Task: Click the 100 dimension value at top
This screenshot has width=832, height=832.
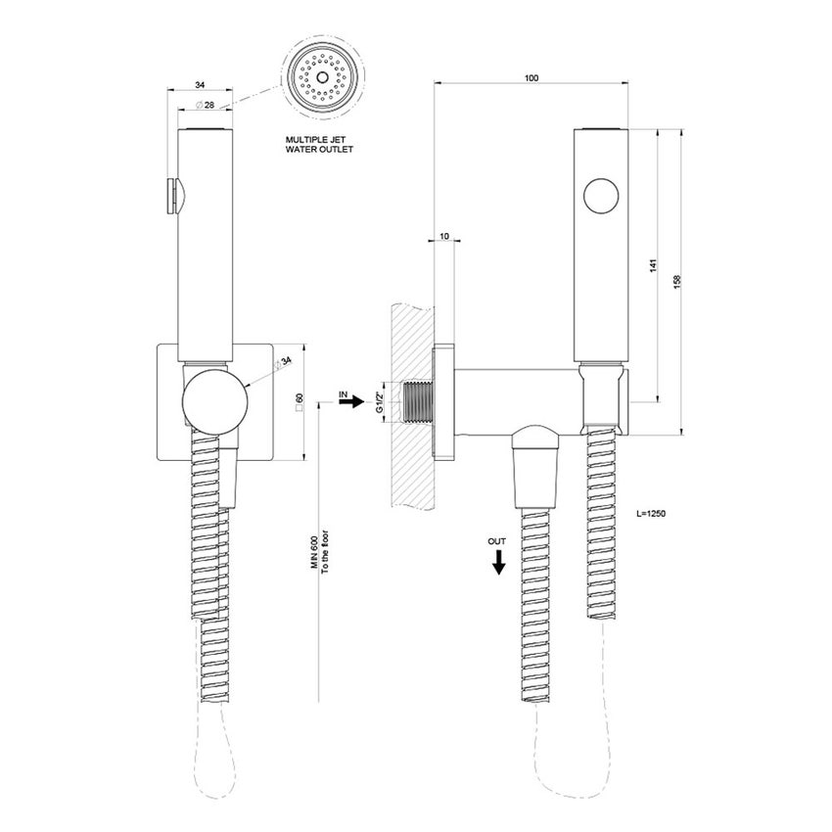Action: pos(531,77)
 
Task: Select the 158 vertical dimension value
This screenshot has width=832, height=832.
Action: pos(678,280)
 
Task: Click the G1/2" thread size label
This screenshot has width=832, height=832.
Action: pos(380,400)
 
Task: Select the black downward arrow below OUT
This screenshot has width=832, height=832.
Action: pos(498,561)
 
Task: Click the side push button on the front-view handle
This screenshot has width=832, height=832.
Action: pos(172,194)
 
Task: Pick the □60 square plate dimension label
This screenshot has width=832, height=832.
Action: pos(299,401)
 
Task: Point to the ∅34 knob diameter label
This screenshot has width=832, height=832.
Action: pos(285,363)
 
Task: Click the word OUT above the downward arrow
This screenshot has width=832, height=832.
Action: pos(498,540)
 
